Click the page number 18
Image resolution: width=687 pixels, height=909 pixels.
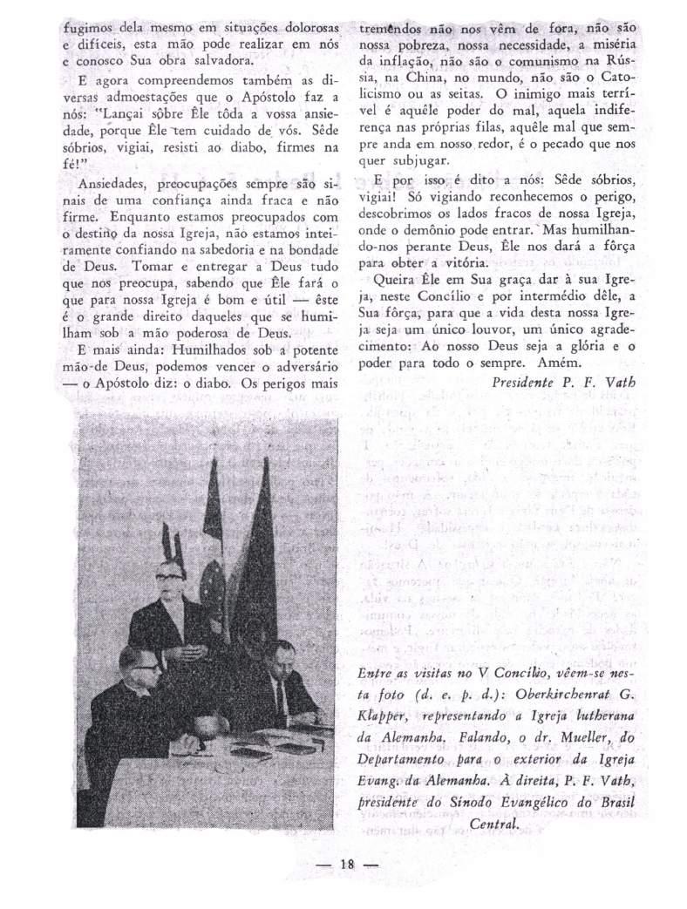346,865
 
